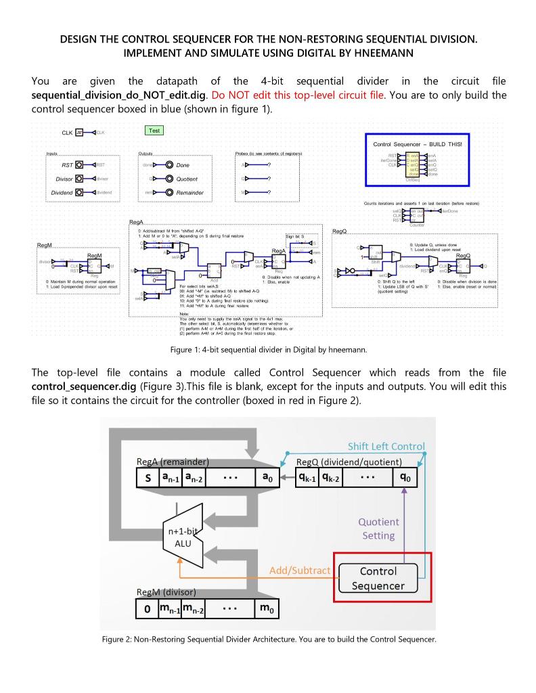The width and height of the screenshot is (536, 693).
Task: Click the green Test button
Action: (x=154, y=131)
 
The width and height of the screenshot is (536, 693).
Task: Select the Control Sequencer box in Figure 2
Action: (x=378, y=579)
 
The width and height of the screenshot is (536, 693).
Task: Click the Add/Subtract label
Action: (x=300, y=571)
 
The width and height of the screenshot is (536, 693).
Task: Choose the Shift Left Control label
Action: (x=386, y=446)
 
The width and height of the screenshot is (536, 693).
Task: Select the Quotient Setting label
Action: (x=378, y=529)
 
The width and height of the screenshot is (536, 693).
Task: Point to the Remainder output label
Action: (x=189, y=193)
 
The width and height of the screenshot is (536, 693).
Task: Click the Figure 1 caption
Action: (x=268, y=350)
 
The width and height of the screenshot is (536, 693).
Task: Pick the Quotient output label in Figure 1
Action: (x=187, y=179)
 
